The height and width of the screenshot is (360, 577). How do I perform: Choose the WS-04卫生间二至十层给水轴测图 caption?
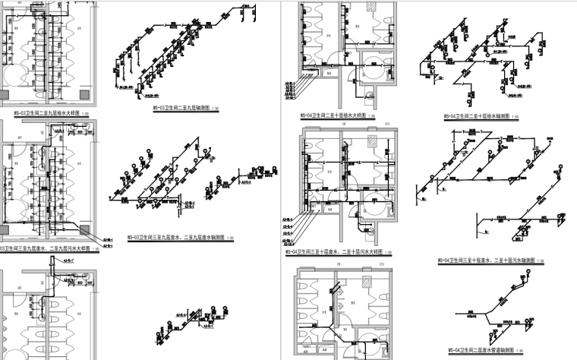point(477,116)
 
